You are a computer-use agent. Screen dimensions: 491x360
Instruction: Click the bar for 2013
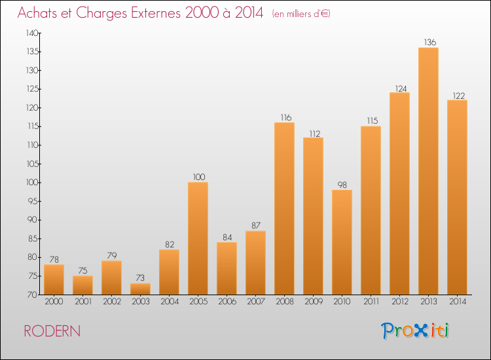coord(428,171)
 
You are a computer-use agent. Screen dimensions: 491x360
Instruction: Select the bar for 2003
coord(140,289)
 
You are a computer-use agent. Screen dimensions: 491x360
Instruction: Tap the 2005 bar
coord(198,238)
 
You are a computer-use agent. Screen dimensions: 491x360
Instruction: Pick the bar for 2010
coord(342,242)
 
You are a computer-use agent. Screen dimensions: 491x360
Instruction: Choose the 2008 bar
coord(284,209)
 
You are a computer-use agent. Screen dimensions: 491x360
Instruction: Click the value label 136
coord(430,43)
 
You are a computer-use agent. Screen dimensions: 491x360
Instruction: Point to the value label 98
coord(342,185)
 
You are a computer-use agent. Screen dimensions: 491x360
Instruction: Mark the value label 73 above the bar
coord(140,278)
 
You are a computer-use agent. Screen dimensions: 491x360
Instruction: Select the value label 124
coord(401,89)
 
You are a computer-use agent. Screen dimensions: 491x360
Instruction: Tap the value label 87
coord(256,225)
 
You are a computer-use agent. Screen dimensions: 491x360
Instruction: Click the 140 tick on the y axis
coord(32,33)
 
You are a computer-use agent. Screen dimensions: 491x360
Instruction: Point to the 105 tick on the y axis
coord(33,164)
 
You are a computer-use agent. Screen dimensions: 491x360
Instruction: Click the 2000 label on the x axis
coord(54,302)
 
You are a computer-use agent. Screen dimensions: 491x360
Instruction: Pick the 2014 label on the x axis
coord(458,302)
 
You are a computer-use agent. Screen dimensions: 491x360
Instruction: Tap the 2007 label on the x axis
coord(256,302)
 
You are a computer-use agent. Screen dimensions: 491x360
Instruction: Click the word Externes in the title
coord(156,13)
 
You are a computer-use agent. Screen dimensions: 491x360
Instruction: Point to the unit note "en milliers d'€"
coord(301,14)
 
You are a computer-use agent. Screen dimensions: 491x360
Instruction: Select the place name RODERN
coord(52,331)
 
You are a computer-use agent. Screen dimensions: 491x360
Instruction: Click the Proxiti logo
coord(415,331)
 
